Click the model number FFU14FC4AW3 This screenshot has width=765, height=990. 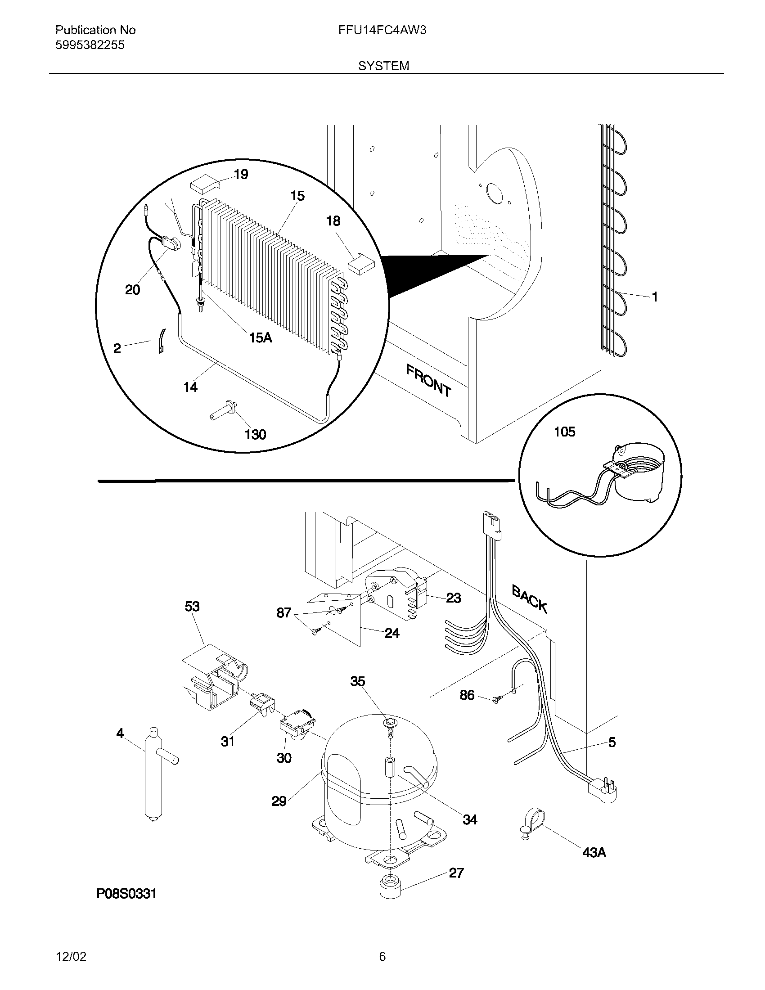[x=382, y=30]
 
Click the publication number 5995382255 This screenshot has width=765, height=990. [x=90, y=45]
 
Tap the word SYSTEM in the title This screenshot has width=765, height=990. [x=383, y=66]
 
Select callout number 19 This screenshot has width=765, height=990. [x=241, y=175]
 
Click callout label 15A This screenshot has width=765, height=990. [x=261, y=337]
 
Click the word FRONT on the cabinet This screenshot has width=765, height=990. [x=428, y=381]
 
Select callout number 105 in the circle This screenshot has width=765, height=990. [x=564, y=432]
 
